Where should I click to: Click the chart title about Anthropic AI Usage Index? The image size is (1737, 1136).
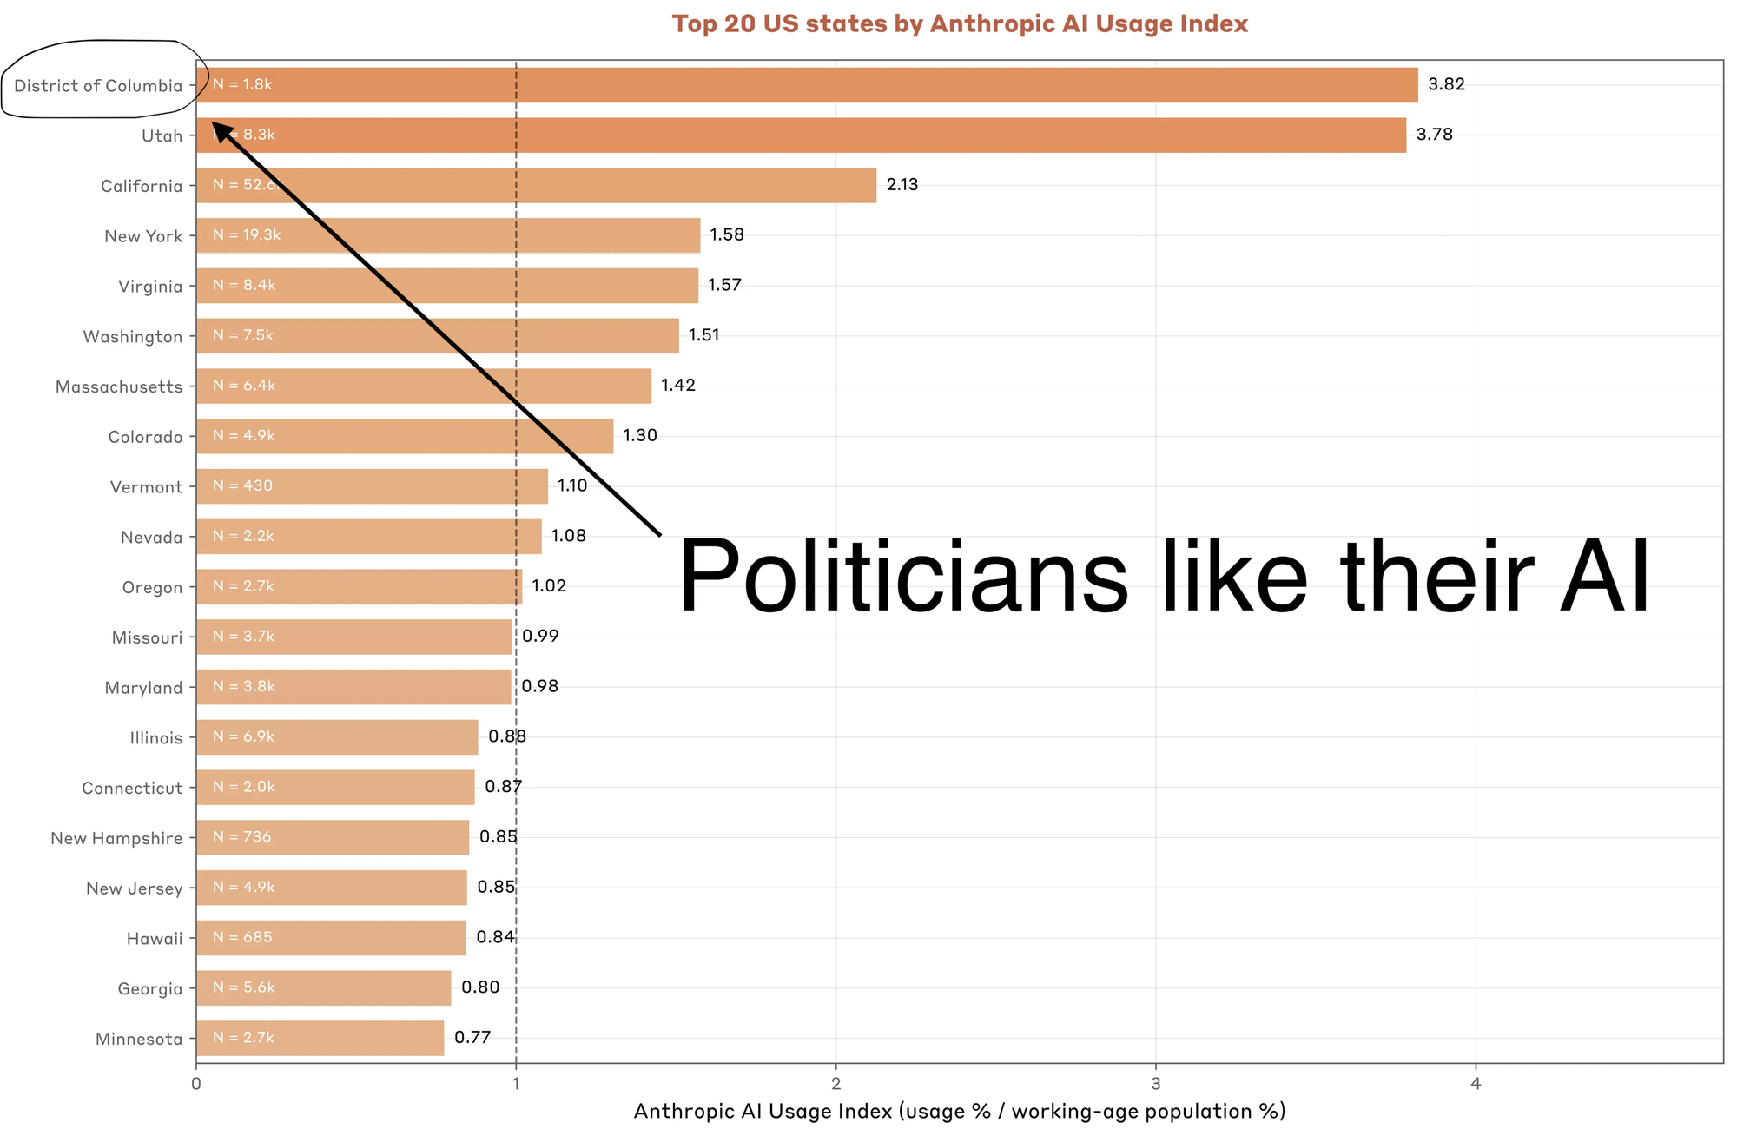point(959,23)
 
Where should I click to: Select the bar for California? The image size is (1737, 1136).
point(536,185)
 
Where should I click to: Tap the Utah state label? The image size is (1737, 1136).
point(162,135)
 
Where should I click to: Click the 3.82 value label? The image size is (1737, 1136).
point(1446,84)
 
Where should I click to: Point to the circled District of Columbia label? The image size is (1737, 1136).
point(98,85)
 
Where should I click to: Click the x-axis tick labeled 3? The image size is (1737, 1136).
point(1155,1083)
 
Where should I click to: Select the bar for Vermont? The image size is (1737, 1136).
point(372,486)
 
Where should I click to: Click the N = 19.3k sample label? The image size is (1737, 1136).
point(247,235)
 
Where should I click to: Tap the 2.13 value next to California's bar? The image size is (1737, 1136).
point(902,185)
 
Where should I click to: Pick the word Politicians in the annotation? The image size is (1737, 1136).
point(903,577)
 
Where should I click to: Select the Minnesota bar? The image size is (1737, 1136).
point(320,1039)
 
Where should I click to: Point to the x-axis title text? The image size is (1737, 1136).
point(959,1112)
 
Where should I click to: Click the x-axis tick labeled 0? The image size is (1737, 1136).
point(196,1083)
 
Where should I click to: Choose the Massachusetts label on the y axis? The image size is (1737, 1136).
point(119,386)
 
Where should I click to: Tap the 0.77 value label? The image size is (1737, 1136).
point(472,1038)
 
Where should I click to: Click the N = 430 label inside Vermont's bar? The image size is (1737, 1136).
point(242,485)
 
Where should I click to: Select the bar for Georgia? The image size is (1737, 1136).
point(323,988)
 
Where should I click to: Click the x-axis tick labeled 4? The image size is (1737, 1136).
point(1475,1083)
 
